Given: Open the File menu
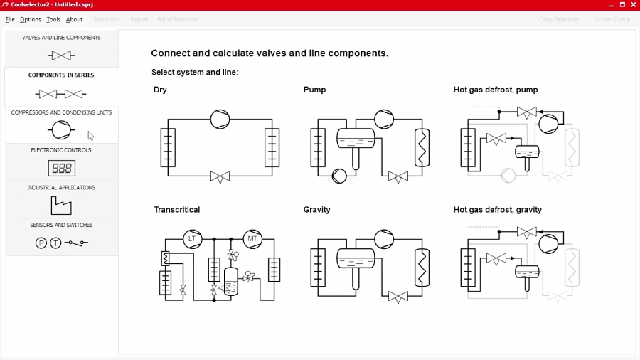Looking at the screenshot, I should click(x=10, y=19).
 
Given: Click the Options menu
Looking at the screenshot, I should click(x=30, y=19).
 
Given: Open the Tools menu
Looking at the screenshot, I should click(x=53, y=19).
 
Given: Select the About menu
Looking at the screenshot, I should click(x=75, y=19).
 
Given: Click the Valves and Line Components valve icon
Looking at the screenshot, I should click(x=61, y=55).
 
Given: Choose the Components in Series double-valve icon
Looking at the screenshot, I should click(x=61, y=93).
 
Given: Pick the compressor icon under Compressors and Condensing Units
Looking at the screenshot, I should click(x=61, y=130).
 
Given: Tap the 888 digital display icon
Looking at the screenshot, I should click(x=61, y=168).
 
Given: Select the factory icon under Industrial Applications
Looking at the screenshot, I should click(x=61, y=206).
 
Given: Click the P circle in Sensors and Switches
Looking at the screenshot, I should click(x=41, y=243).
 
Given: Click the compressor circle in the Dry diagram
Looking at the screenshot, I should click(x=220, y=119).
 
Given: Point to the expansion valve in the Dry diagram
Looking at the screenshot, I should click(x=220, y=177).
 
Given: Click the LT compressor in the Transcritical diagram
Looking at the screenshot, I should click(x=192, y=239).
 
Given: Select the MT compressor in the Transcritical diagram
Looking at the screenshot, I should click(x=252, y=239).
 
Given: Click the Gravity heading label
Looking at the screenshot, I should click(x=316, y=210).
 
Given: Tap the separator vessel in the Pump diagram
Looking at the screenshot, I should click(x=356, y=139).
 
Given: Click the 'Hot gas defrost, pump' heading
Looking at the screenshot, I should click(x=496, y=90).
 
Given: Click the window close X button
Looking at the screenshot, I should click(x=633, y=5).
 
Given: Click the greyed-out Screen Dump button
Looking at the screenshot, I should click(x=612, y=19).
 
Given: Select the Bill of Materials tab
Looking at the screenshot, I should click(x=177, y=19).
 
